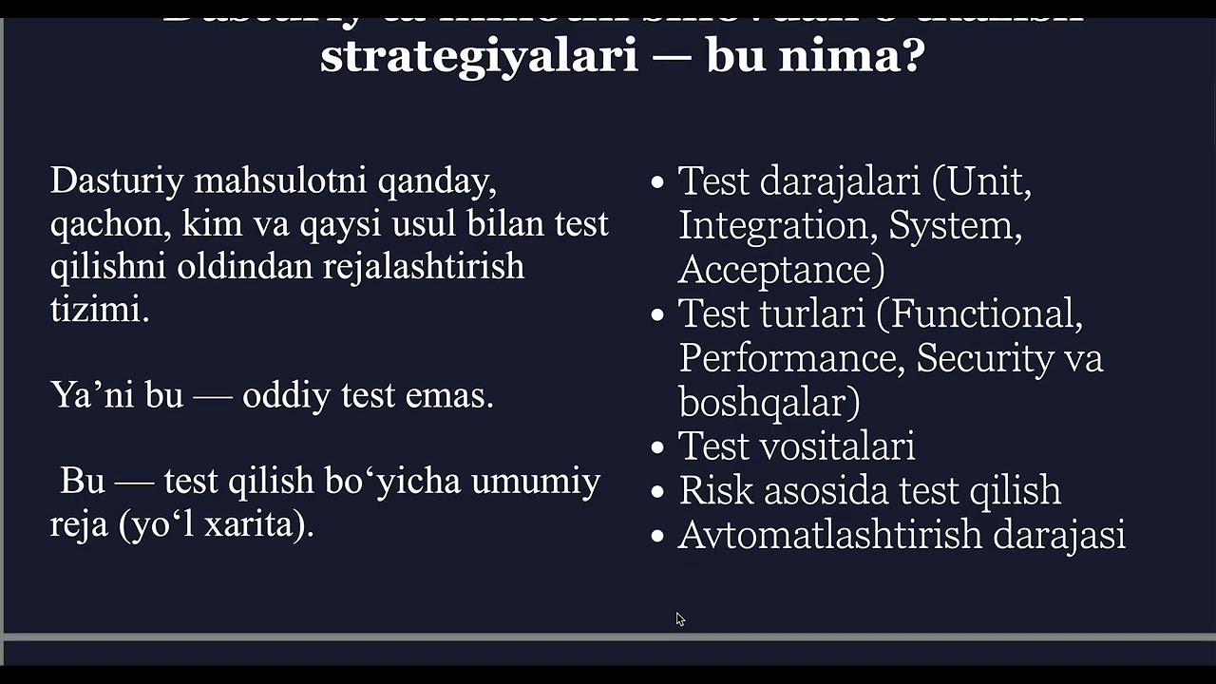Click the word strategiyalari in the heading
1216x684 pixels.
point(479,56)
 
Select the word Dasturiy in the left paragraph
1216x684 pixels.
point(116,180)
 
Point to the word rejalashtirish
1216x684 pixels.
point(424,266)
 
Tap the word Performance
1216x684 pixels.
point(786,358)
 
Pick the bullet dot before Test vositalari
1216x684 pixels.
point(657,447)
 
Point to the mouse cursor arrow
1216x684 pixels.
point(680,618)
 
